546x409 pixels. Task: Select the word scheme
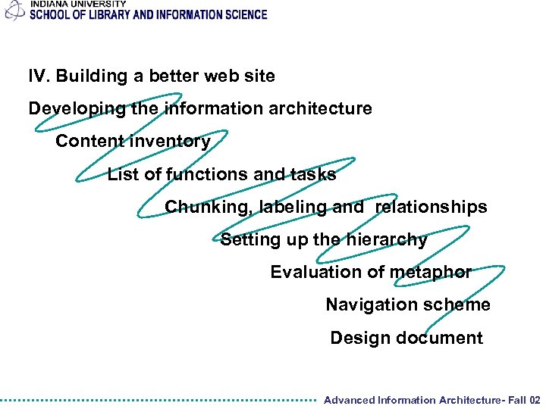coord(459,305)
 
